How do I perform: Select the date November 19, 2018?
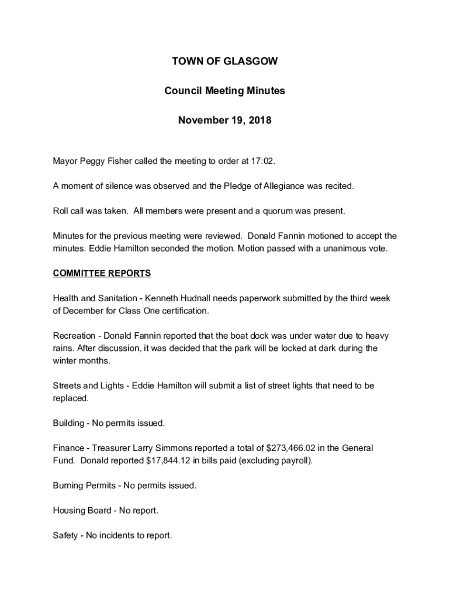pyautogui.click(x=225, y=121)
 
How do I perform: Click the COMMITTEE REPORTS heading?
pyautogui.click(x=102, y=273)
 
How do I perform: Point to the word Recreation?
pyautogui.click(x=74, y=336)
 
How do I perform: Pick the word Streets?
pyautogui.click(x=66, y=385)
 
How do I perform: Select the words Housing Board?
pyautogui.click(x=82, y=511)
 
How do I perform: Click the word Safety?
pyautogui.click(x=65, y=535)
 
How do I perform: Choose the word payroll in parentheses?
pyautogui.click(x=296, y=460)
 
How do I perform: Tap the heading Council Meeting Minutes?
pyautogui.click(x=225, y=91)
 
